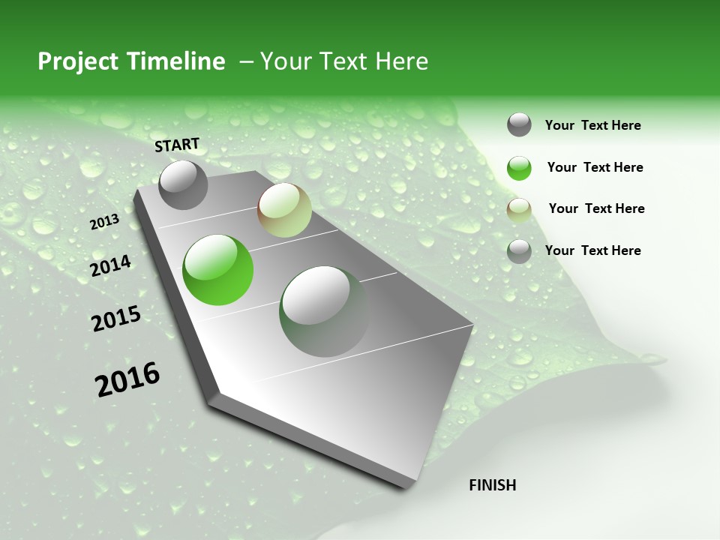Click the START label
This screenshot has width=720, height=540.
[x=177, y=145]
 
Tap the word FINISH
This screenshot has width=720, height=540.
[x=492, y=485]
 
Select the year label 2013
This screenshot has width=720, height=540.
[x=104, y=222]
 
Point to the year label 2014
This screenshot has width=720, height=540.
[x=110, y=266]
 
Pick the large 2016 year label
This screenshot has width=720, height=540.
[x=127, y=379]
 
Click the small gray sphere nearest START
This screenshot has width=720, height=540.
[x=183, y=185]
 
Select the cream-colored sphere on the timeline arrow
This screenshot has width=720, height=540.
[x=284, y=210]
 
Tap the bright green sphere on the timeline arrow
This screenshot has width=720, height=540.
[x=217, y=270]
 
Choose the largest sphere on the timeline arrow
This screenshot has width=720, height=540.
[x=324, y=311]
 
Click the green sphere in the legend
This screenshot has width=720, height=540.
[x=519, y=168]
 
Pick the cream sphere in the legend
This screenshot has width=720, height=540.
[x=519, y=209]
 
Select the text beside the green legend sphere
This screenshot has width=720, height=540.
[x=595, y=167]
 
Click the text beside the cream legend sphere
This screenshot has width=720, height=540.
[x=596, y=208]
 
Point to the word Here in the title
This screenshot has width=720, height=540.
[x=401, y=61]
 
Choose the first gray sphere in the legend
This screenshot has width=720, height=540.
[x=519, y=124]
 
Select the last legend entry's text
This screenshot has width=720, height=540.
[x=592, y=250]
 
